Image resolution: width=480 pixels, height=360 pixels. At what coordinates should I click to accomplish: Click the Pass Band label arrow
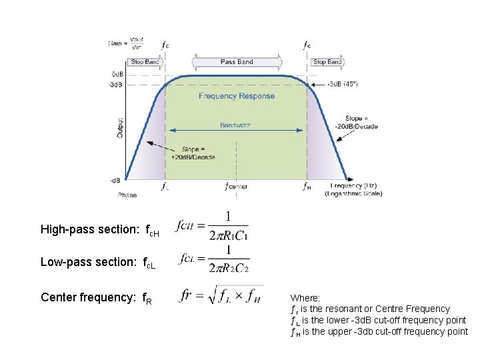click(x=237, y=62)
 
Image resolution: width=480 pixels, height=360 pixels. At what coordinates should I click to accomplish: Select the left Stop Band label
click(x=145, y=62)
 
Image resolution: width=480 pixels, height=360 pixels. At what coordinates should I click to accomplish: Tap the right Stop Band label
click(x=327, y=62)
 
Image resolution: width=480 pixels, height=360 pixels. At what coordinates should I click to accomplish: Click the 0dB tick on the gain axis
click(x=115, y=74)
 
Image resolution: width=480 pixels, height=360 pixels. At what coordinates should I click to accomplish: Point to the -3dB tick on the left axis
click(x=115, y=85)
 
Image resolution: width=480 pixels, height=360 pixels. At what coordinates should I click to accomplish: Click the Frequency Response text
click(x=237, y=96)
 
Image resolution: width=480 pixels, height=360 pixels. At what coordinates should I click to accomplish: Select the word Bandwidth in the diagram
click(x=236, y=125)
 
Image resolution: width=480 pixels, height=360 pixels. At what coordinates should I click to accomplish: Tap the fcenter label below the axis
click(x=236, y=187)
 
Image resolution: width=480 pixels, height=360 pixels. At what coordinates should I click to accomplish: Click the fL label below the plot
click(x=165, y=187)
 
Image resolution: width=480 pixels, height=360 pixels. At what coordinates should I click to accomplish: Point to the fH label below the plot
click(x=307, y=187)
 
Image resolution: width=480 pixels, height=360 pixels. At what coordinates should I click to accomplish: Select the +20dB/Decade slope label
click(x=193, y=153)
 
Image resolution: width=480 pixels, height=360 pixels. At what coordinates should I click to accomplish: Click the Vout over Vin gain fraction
click(x=136, y=43)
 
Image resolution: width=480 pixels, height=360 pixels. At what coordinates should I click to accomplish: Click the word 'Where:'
click(x=305, y=298)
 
